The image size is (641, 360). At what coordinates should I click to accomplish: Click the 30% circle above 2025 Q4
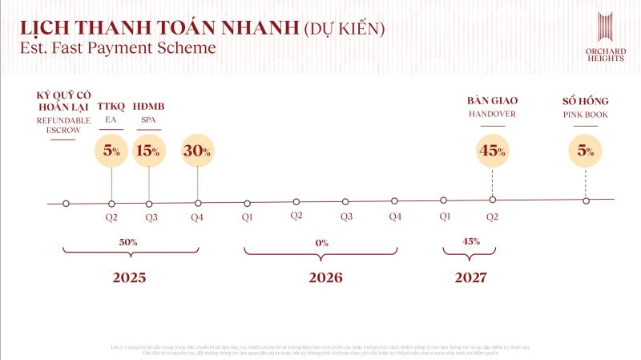(197, 151)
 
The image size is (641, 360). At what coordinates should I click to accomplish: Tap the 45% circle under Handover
(493, 151)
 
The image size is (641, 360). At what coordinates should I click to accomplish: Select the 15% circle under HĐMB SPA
(148, 151)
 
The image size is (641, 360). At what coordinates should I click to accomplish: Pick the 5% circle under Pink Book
(586, 151)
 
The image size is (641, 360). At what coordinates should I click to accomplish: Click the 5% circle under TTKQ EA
(112, 151)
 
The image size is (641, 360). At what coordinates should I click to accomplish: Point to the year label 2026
(325, 278)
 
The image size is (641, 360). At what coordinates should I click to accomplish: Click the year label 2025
(129, 278)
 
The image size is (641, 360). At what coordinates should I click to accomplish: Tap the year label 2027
(471, 278)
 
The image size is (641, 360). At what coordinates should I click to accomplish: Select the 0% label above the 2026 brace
(322, 241)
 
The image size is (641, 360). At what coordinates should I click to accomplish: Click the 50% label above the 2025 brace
(129, 241)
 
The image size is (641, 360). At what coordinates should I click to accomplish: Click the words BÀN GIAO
(493, 100)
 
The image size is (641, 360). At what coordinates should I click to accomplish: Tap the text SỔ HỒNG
(586, 100)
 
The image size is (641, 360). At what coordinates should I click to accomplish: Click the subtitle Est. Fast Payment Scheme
(118, 48)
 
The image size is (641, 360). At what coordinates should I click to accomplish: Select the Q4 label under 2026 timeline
(395, 216)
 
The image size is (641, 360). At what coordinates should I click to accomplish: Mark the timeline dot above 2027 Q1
(443, 200)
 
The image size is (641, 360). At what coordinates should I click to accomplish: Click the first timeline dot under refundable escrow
(66, 204)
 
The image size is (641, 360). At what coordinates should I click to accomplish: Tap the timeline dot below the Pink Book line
(586, 200)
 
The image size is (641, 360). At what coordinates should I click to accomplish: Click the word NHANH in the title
(256, 28)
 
